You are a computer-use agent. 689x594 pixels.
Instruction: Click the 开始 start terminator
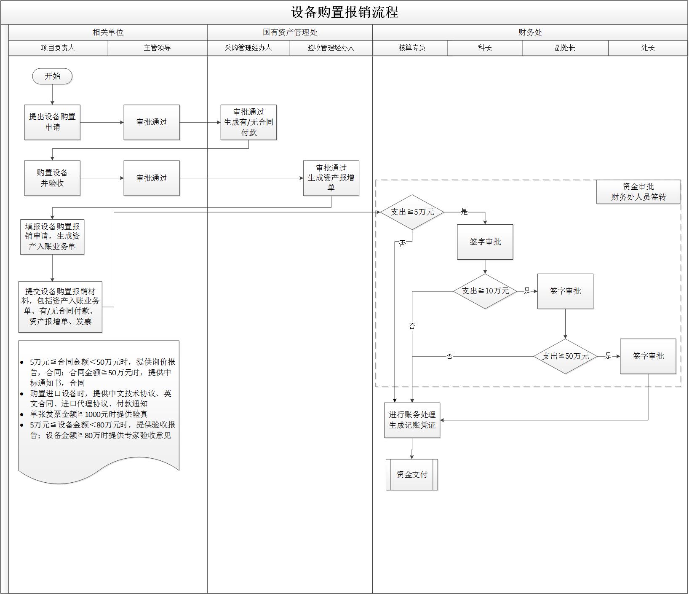point(52,76)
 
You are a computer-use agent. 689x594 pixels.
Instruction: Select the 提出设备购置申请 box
point(52,122)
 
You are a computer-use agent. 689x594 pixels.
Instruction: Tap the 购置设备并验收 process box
point(52,178)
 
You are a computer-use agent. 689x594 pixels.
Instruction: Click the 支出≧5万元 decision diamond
point(412,212)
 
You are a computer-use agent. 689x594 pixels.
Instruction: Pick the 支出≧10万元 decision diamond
point(485,291)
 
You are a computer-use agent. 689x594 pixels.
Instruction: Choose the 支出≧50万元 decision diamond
point(565,356)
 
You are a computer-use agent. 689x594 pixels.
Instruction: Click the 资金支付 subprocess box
point(412,475)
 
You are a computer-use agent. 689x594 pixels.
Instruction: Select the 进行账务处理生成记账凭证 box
point(412,420)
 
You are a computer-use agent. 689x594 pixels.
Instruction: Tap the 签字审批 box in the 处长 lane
point(648,356)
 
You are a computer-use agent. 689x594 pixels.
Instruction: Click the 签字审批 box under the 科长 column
point(485,242)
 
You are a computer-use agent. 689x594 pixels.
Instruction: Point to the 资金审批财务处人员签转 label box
point(638,192)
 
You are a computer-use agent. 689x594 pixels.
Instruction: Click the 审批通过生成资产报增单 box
point(331,178)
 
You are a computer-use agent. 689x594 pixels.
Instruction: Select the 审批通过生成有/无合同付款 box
point(248,122)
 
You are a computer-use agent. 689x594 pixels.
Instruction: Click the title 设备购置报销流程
point(344,12)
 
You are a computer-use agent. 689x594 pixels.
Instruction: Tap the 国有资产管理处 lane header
point(290,32)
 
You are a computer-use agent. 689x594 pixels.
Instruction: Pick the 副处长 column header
point(565,48)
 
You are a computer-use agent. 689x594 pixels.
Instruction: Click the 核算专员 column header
point(412,48)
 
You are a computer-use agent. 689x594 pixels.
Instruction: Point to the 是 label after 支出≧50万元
point(608,356)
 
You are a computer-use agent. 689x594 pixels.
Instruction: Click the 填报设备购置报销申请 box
point(52,237)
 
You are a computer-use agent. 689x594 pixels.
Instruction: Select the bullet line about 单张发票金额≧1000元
point(88,414)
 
